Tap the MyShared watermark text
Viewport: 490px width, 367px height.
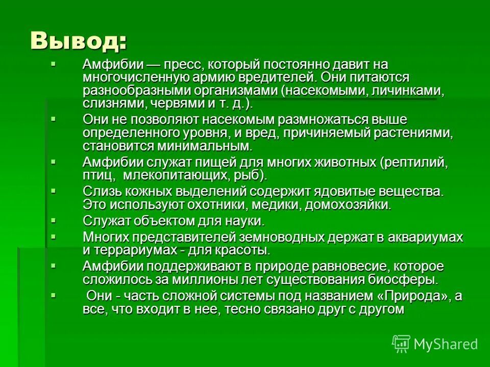coord(445,344)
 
